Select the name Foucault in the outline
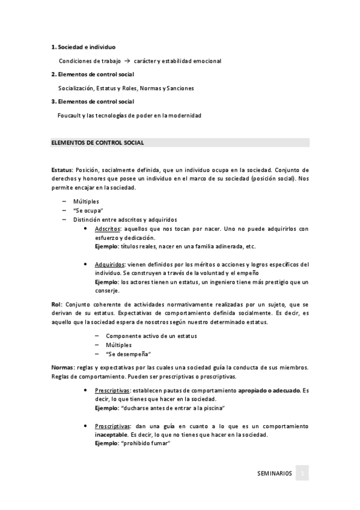click(71, 115)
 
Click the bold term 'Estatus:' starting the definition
click(63, 170)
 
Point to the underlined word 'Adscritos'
click(107, 229)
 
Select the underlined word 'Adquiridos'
click(109, 265)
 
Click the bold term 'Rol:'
click(56, 305)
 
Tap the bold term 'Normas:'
click(63, 367)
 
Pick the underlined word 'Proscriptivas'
click(112, 426)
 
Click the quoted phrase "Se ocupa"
click(88, 210)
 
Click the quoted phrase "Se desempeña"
click(128, 354)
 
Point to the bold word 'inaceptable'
click(111, 435)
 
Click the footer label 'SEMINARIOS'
click(274, 474)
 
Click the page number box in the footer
click(303, 474)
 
